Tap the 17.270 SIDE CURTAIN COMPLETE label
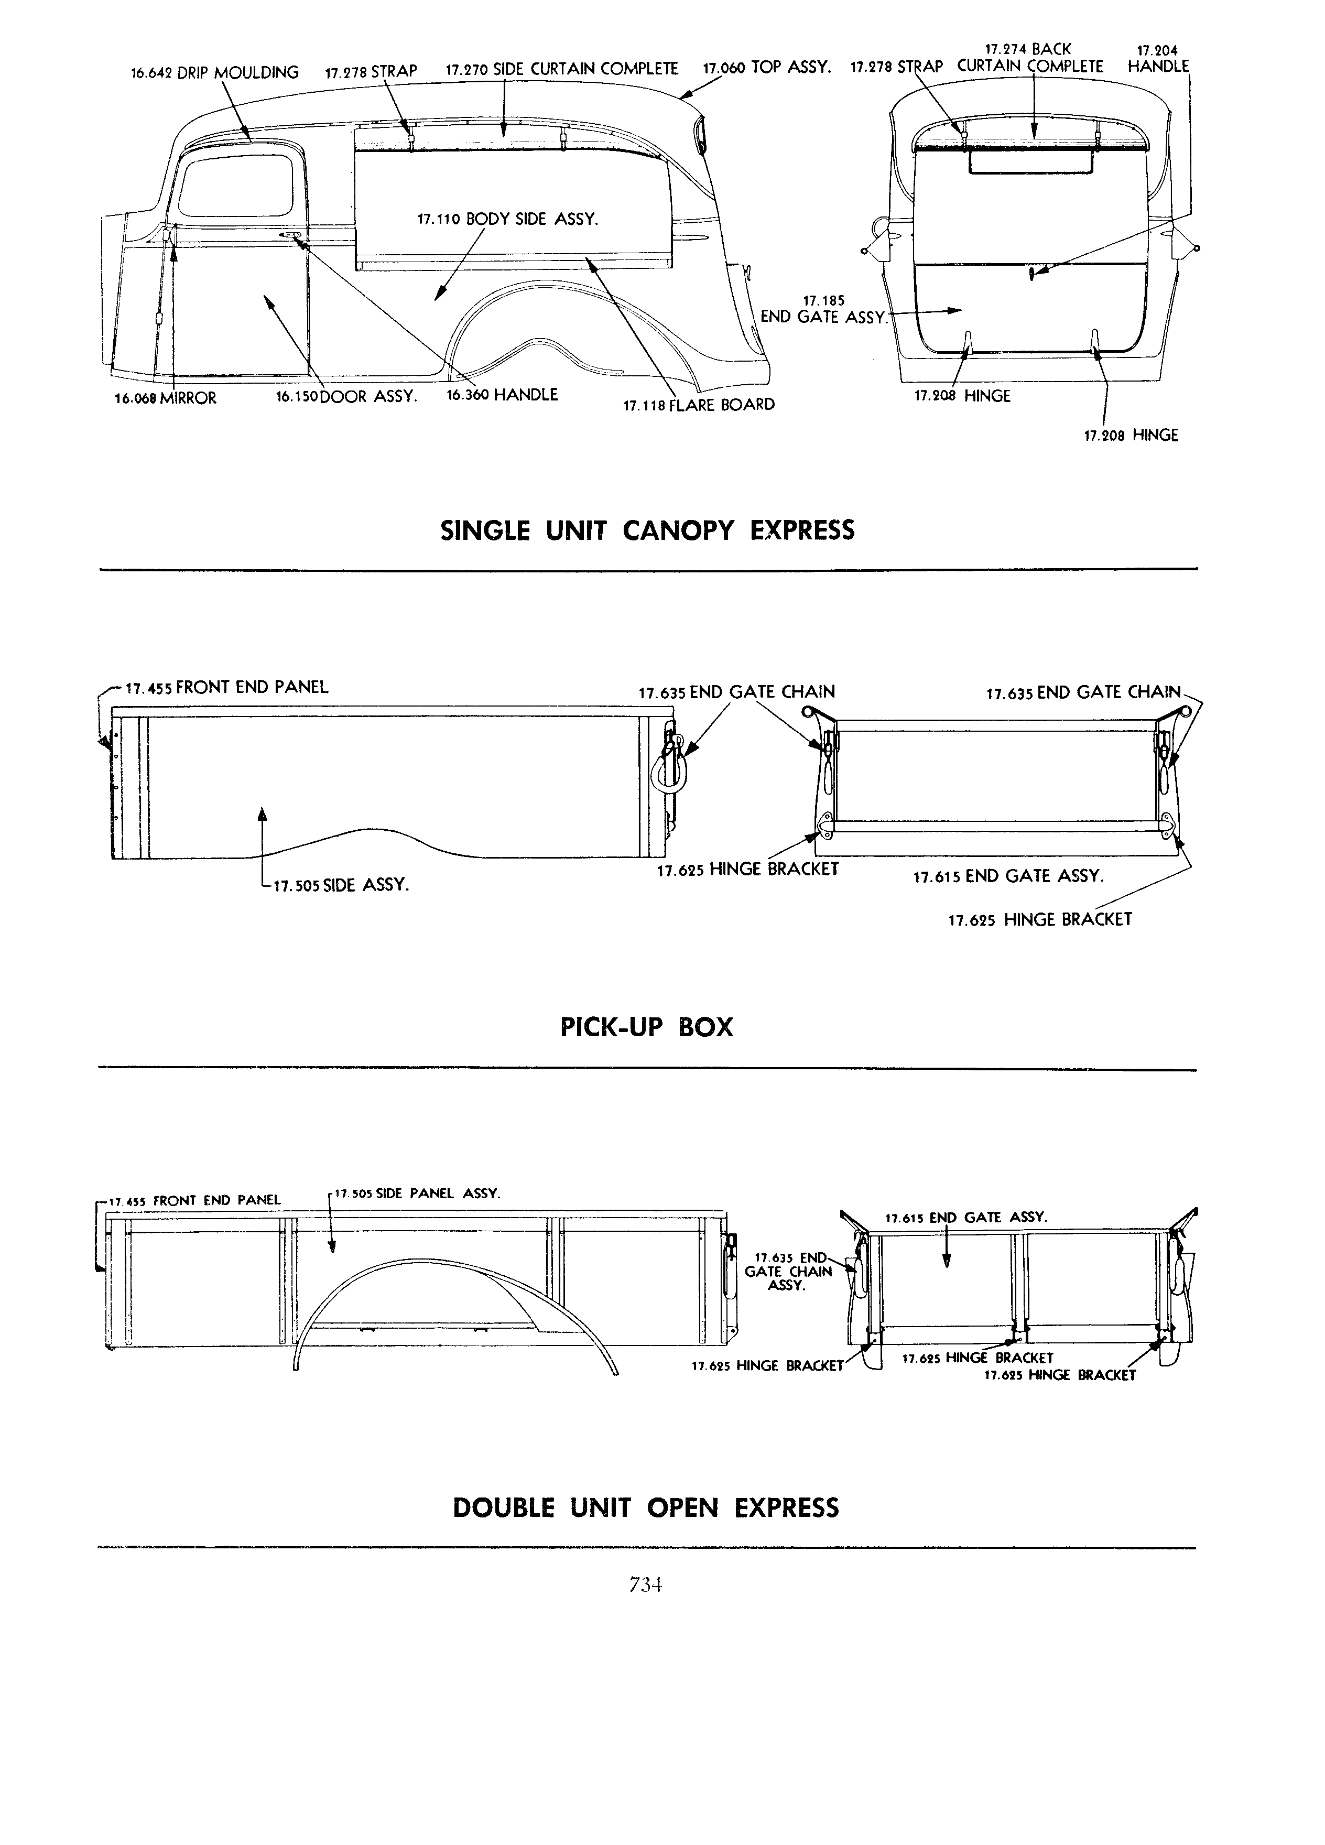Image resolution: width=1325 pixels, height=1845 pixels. point(562,69)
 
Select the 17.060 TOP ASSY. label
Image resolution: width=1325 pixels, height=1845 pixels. point(766,68)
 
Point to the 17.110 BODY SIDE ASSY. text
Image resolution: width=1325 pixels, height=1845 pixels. point(507,220)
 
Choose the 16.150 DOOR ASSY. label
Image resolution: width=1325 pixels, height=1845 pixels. point(346,397)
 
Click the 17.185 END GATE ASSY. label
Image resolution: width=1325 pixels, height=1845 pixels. point(823,310)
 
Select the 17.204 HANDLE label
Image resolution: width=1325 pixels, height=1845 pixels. point(1158,59)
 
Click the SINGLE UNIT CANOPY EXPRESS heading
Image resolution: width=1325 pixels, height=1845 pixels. point(647,531)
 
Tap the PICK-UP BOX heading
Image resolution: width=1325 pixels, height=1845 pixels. point(647,1027)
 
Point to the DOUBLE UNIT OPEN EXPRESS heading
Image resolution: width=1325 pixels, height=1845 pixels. point(646,1508)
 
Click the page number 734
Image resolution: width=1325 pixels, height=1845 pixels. point(646,1584)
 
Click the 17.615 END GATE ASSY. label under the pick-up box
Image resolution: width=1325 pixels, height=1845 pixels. point(1008,877)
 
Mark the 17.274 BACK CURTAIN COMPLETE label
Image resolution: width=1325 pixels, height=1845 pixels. point(1030,59)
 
